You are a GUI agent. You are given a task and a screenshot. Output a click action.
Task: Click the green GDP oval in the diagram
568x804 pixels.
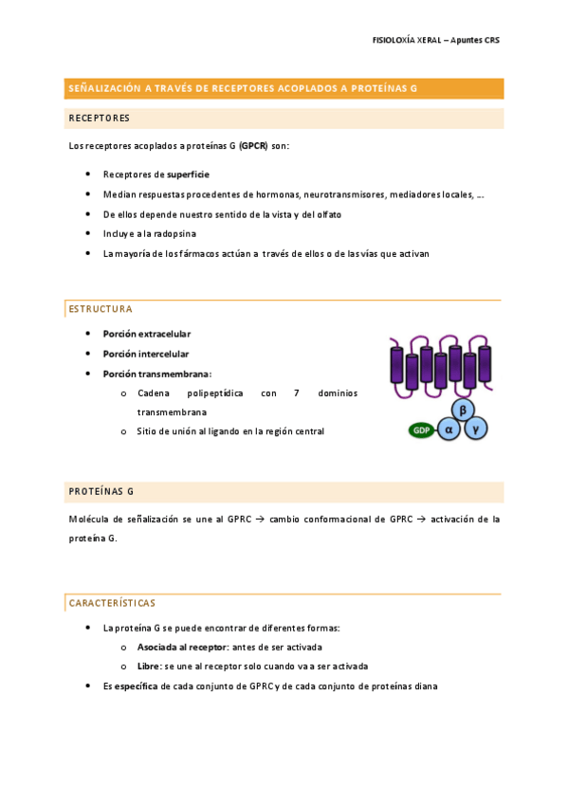[419, 430]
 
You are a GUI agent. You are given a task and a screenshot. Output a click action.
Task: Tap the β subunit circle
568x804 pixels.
[463, 410]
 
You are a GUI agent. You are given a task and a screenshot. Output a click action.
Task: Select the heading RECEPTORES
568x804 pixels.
[99, 119]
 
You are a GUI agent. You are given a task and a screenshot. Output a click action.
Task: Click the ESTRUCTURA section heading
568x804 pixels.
[101, 309]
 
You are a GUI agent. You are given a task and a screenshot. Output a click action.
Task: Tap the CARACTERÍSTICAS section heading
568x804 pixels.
[112, 603]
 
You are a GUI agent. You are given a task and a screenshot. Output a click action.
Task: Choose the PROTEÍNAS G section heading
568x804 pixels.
[101, 491]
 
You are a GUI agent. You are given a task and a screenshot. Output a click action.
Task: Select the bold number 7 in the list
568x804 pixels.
[297, 393]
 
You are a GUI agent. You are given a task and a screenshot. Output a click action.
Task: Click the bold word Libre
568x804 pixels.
[148, 667]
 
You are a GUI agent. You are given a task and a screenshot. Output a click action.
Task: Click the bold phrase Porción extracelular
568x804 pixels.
[147, 334]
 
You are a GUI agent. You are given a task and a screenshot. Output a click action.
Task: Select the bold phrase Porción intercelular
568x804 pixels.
[146, 354]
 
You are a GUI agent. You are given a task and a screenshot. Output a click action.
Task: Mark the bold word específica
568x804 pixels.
[137, 686]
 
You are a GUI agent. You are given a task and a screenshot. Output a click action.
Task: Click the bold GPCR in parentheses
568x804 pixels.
[253, 146]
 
